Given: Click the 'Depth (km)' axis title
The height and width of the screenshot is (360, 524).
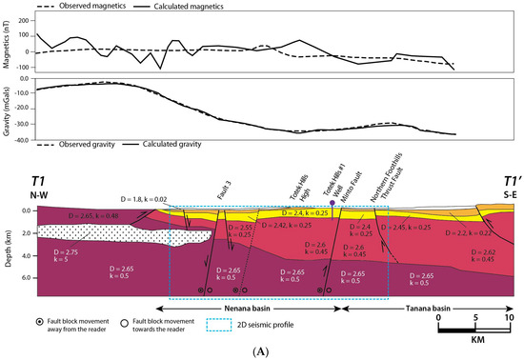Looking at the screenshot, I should point(8,242).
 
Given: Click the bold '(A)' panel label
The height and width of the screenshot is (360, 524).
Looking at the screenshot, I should point(261,351).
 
